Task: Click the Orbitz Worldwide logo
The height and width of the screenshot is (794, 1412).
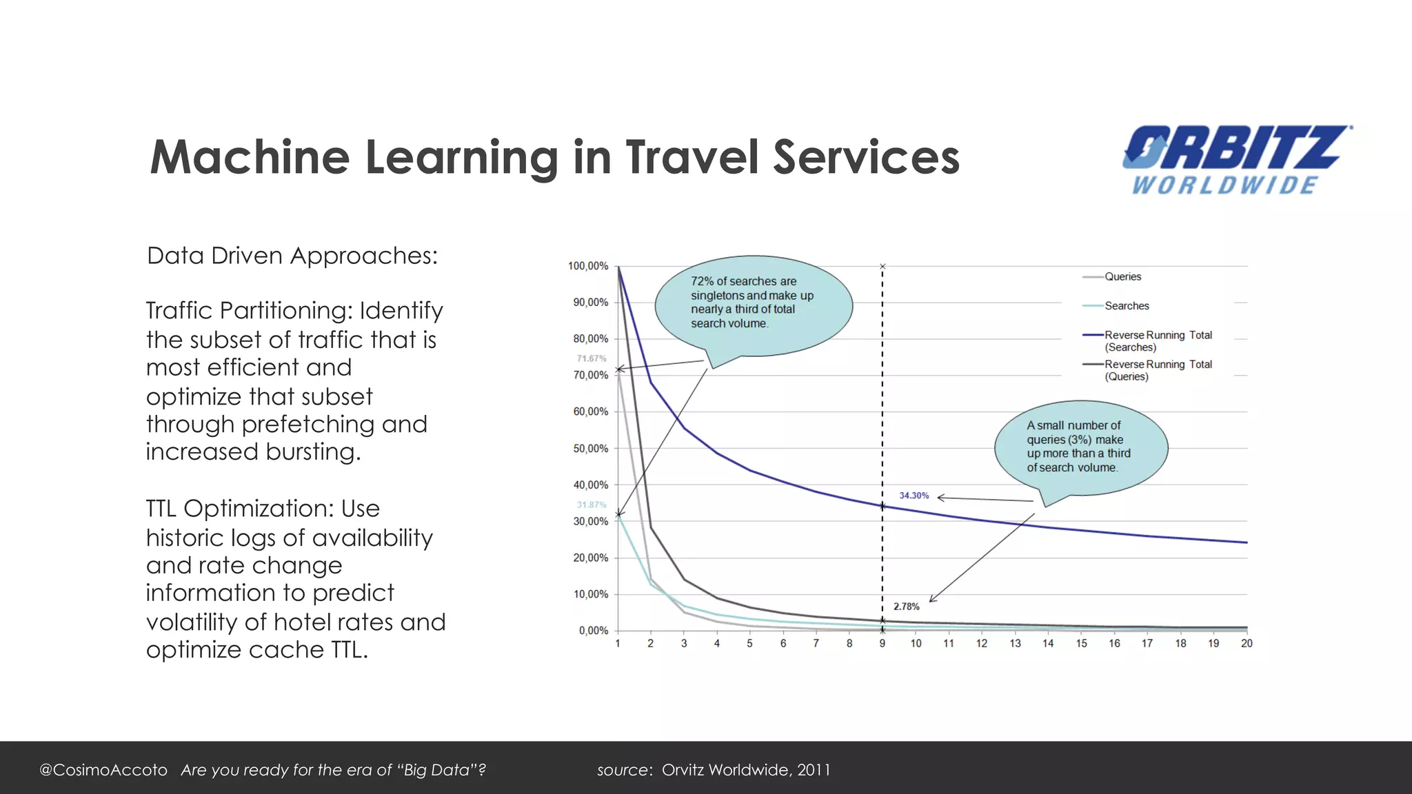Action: click(1236, 159)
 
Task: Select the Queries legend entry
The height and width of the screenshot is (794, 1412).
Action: click(1122, 277)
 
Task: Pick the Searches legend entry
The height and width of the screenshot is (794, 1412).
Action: click(1126, 306)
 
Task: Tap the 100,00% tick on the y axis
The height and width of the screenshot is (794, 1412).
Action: click(588, 266)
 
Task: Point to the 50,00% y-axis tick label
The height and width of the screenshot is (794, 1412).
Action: click(591, 449)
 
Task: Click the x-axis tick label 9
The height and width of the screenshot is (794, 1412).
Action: click(882, 644)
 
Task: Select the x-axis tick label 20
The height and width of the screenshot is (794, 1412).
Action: click(1247, 644)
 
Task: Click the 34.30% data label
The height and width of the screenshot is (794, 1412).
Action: click(914, 496)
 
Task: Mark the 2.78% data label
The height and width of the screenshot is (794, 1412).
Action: click(906, 607)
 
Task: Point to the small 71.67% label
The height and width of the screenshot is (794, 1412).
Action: click(592, 359)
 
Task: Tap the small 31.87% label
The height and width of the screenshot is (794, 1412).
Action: click(592, 505)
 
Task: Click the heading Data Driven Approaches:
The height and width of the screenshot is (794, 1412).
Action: click(292, 256)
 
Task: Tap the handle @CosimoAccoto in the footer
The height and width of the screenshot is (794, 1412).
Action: click(103, 770)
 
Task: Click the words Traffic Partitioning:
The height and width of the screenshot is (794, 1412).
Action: click(250, 311)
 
